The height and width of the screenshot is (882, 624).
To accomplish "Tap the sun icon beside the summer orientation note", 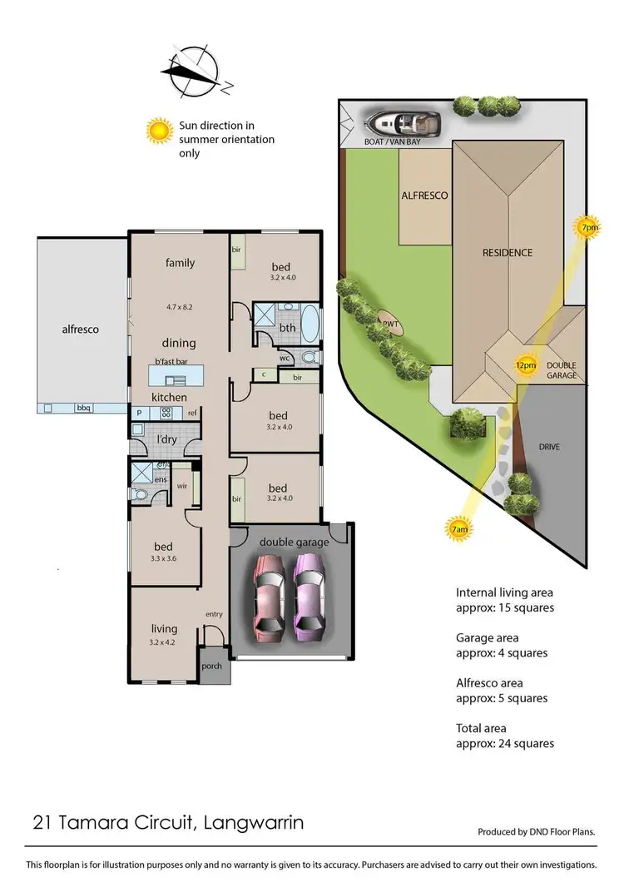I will point(158,130).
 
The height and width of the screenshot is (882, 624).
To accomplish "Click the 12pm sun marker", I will point(525,365).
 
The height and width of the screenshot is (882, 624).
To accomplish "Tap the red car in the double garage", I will point(270,594).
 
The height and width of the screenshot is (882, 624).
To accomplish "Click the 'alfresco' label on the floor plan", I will point(81,330).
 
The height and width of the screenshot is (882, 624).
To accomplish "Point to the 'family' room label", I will point(180,263).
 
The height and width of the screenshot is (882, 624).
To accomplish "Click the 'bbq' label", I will point(83,409).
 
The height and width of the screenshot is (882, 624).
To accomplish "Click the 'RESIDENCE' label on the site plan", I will point(508,252).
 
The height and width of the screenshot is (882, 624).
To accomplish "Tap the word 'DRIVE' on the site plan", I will point(549,447).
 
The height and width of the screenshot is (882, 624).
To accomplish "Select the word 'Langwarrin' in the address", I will point(253,824).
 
